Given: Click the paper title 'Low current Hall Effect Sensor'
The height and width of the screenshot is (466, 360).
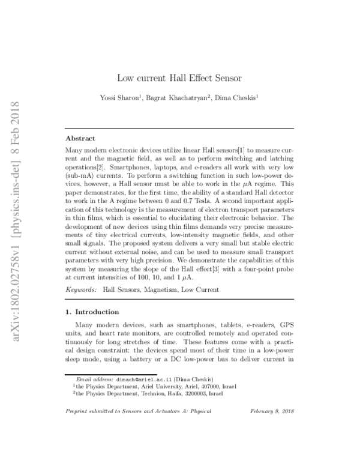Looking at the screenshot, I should pyautogui.click(x=179, y=77).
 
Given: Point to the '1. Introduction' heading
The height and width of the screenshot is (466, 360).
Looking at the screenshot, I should pyautogui.click(x=93, y=312).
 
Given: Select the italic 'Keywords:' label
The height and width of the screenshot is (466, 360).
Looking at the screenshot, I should pyautogui.click(x=80, y=289).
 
